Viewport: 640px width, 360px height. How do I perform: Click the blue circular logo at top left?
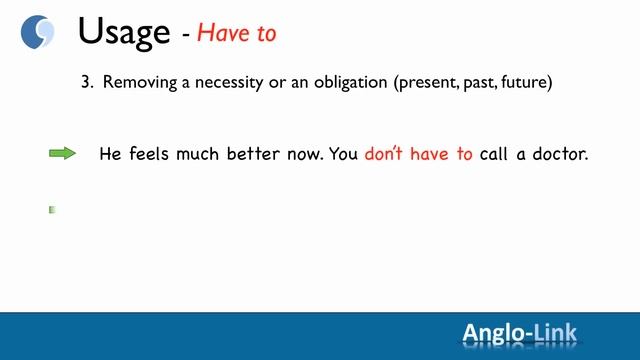point(38,32)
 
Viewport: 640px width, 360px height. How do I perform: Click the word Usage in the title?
point(124,32)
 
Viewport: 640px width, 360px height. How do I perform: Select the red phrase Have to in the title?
point(236,33)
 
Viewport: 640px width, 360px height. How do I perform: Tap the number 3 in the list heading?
point(86,83)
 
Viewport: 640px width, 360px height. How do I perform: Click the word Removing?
point(136,83)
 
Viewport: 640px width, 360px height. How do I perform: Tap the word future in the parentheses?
point(526,83)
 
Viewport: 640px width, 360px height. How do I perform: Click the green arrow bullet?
point(62,154)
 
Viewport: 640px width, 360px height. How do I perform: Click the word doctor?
point(558,155)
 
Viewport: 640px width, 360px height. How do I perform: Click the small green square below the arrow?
point(52,210)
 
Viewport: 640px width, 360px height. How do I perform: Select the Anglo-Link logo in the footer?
point(519,333)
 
